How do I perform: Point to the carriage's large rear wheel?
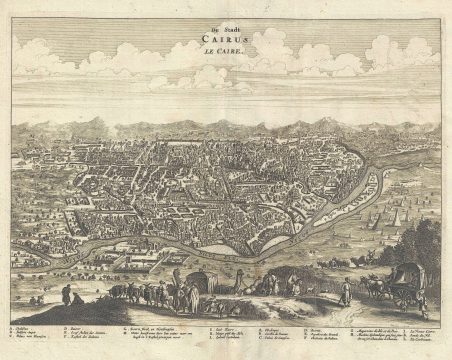[x=402, y=292]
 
